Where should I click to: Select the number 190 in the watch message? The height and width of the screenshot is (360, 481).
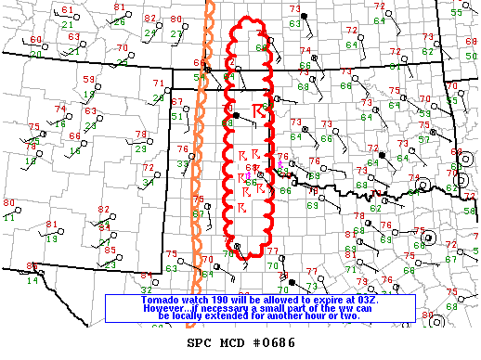point(206,301)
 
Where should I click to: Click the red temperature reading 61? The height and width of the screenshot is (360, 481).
point(66,9)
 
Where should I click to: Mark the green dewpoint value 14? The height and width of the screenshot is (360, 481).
point(32,279)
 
